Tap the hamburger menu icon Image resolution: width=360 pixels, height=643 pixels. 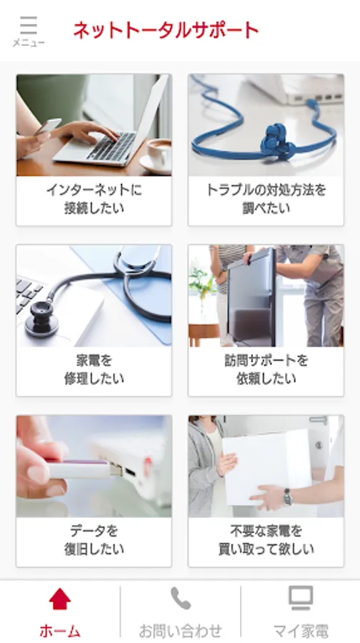click(29, 26)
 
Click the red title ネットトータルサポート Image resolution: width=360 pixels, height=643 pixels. click(166, 30)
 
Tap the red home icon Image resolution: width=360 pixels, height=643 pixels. click(60, 599)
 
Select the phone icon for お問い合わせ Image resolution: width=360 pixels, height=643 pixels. click(181, 598)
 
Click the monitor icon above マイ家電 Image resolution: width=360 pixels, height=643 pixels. click(301, 598)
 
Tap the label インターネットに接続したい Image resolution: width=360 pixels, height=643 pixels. click(94, 199)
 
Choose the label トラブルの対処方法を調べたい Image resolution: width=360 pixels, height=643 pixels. click(266, 199)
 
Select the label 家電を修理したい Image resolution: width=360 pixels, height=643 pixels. click(94, 369)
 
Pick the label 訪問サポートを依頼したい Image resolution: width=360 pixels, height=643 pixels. click(266, 369)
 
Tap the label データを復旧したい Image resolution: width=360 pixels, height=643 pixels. click(94, 540)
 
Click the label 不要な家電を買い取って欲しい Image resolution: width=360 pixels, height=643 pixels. click(266, 540)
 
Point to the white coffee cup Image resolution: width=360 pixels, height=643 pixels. click(159, 154)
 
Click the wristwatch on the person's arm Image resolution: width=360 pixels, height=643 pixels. click(287, 497)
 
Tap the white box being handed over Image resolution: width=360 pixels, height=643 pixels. click(266, 467)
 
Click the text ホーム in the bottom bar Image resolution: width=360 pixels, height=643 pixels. click(60, 631)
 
